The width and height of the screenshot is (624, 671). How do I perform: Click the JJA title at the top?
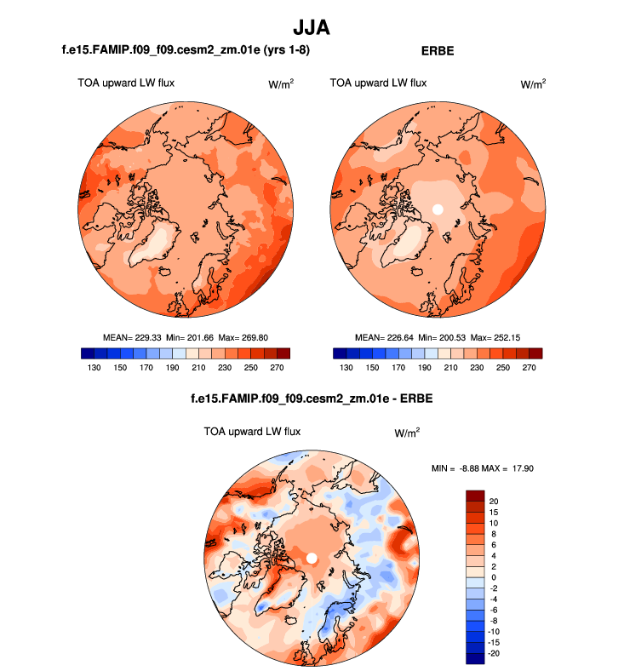(x=312, y=28)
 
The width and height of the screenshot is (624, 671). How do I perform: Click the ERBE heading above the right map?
(x=438, y=51)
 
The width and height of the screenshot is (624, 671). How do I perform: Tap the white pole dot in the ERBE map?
(x=438, y=209)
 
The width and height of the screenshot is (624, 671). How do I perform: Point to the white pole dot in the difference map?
(x=312, y=558)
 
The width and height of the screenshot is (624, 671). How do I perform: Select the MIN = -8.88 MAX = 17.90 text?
(x=482, y=468)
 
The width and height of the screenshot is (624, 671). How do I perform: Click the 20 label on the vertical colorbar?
(x=494, y=501)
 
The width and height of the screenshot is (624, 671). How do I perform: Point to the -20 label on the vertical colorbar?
(x=495, y=654)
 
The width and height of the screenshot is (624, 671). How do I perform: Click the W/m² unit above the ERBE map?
(x=533, y=83)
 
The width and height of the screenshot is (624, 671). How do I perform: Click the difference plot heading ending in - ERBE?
(x=312, y=399)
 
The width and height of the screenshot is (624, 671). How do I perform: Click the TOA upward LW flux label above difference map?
(x=252, y=432)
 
